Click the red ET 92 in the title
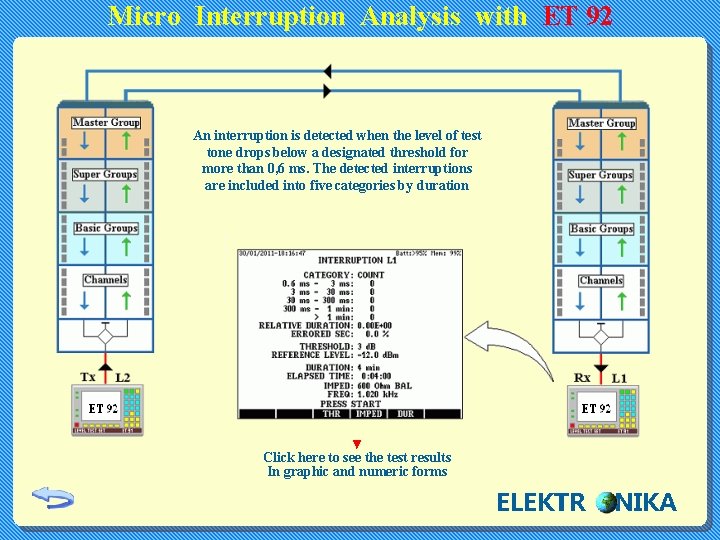point(578,16)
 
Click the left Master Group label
point(106,123)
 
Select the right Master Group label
point(601,123)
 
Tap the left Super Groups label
point(105,175)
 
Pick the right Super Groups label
point(600,175)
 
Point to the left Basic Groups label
point(106,228)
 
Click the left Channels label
point(106,280)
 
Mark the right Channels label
point(601,280)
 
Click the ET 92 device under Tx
point(107,410)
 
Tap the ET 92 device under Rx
point(600,410)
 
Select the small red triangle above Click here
point(357,444)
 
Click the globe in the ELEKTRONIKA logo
point(605,502)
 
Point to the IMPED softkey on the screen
point(369,413)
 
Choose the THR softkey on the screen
point(332,413)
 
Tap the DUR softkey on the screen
point(405,413)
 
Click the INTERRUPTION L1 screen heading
point(357,260)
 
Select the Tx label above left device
point(88,377)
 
